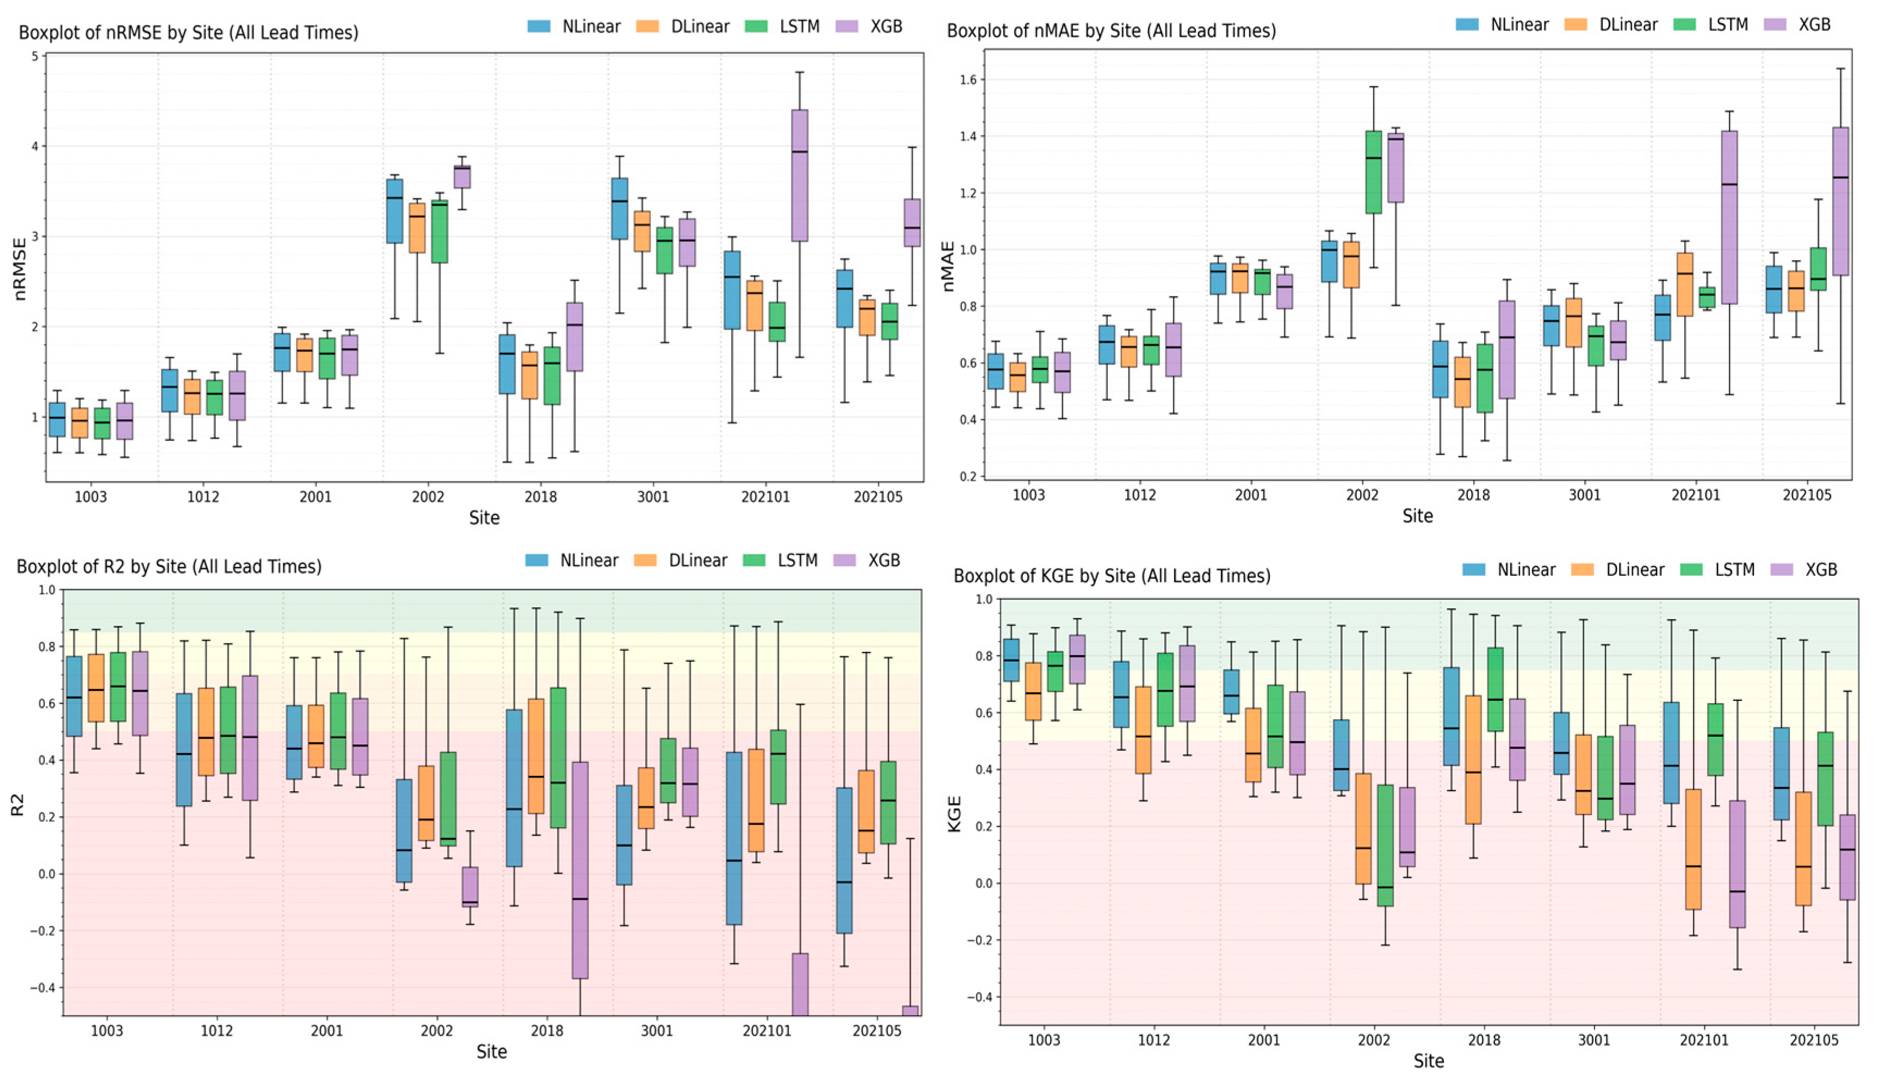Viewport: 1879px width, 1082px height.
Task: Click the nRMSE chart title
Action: point(188,33)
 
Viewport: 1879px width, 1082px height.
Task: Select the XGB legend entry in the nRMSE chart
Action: point(869,27)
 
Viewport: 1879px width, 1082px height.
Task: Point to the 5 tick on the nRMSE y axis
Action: point(34,57)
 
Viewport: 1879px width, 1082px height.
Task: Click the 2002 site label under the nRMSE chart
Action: point(428,496)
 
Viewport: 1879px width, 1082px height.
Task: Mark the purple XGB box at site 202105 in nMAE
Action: point(1840,201)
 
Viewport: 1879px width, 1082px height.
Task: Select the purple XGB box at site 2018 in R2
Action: point(580,869)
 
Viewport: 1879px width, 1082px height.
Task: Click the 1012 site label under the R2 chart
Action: point(216,1031)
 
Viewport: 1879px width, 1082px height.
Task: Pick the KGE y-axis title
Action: point(954,814)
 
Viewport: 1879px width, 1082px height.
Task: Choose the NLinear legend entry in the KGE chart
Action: point(1509,570)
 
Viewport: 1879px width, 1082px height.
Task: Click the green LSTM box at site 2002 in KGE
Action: point(1385,845)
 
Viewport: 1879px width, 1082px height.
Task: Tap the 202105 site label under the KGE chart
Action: point(1814,1040)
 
